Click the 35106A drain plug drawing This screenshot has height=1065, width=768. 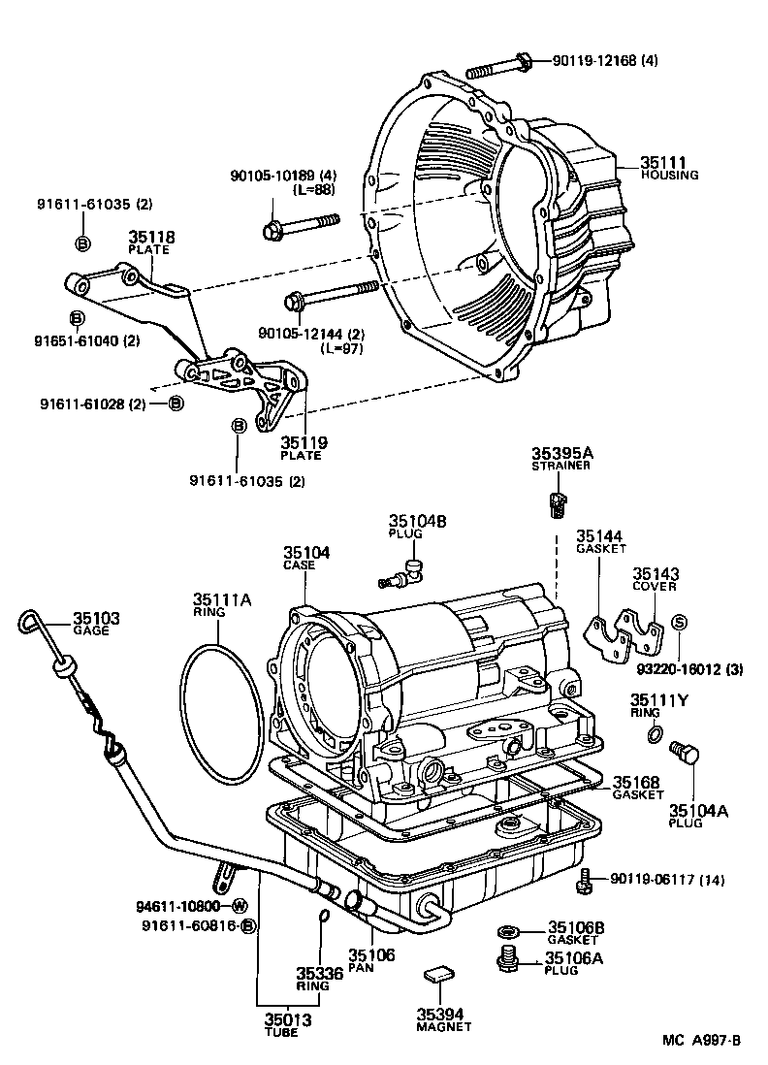[x=505, y=959]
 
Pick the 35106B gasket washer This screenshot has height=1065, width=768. [x=505, y=932]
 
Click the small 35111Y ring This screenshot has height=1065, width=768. [x=656, y=734]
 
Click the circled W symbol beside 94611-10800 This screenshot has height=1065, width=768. [x=238, y=907]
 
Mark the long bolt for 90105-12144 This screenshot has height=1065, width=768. [x=330, y=294]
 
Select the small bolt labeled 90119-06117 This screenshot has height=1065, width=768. [x=585, y=881]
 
